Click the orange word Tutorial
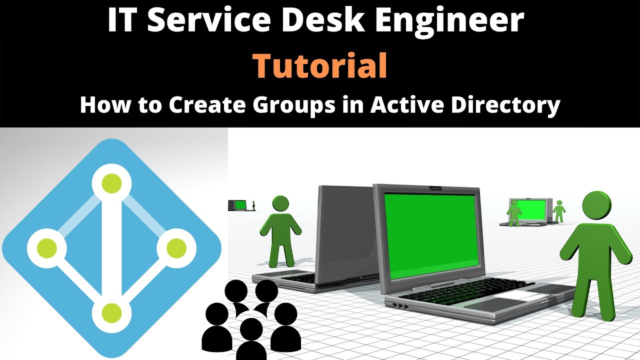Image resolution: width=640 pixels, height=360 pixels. coord(320,66)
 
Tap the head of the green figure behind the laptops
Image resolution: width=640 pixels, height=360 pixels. coord(280,203)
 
